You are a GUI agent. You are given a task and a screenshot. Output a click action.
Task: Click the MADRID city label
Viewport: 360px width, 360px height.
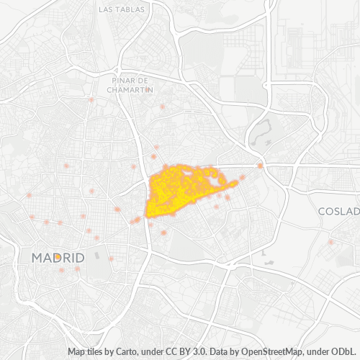[x=58, y=257]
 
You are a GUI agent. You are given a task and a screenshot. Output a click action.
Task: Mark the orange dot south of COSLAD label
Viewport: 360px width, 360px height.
[x=331, y=242]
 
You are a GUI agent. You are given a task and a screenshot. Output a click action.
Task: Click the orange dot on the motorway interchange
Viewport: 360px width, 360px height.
[x=261, y=166]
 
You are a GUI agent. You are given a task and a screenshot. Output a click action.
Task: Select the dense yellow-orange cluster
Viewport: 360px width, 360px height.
[x=180, y=191]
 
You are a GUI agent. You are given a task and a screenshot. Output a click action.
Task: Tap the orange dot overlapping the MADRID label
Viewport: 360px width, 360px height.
[x=57, y=256]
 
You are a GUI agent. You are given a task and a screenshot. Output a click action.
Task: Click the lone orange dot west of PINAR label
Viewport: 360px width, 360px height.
[x=91, y=100]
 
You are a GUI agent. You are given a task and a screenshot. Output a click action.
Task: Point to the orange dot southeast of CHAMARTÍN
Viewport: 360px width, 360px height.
[x=163, y=107]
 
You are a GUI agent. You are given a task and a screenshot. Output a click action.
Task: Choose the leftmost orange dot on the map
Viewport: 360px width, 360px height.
[x=29, y=195]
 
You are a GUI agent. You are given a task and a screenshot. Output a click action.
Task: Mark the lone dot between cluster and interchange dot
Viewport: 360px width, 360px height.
[x=243, y=177]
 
